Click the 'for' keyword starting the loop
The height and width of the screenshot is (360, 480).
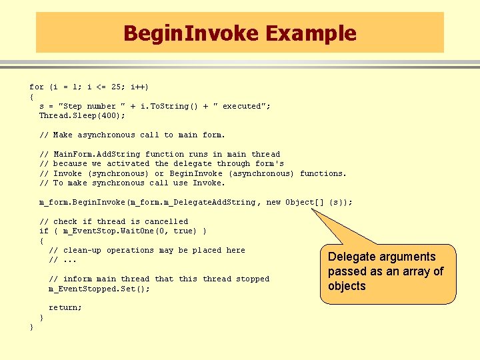pyautogui.click(x=37, y=87)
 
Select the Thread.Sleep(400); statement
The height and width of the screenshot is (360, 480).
pyautogui.click(x=82, y=116)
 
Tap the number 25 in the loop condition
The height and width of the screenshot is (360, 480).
pyautogui.click(x=117, y=87)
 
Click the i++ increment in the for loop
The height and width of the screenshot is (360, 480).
pyautogui.click(x=139, y=87)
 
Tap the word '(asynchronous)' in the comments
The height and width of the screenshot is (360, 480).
pyautogui.click(x=261, y=173)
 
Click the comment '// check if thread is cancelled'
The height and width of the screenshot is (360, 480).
pyautogui.click(x=113, y=221)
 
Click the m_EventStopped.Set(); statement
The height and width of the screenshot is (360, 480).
pyautogui.click(x=99, y=289)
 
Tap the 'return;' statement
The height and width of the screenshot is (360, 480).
pyautogui.click(x=65, y=308)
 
